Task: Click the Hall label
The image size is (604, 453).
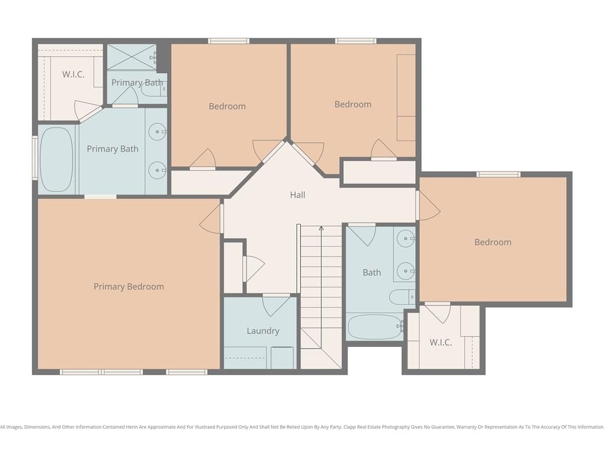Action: click(297, 195)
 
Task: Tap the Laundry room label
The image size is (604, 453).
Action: click(263, 331)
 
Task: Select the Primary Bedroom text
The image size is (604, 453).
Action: click(129, 287)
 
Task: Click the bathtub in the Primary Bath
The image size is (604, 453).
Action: click(57, 159)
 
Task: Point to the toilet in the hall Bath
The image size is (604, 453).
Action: click(402, 297)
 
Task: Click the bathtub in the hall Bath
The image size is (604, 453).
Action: click(375, 327)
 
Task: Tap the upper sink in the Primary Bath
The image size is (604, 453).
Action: click(157, 132)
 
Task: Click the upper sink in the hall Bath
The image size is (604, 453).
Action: click(406, 239)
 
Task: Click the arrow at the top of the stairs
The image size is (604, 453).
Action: click(321, 228)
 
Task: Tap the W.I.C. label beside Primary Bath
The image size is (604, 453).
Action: click(73, 74)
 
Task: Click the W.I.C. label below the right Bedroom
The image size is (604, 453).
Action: click(441, 342)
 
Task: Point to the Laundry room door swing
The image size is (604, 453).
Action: click(276, 307)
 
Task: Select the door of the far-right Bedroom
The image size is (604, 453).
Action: click(429, 206)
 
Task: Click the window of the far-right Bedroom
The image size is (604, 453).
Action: click(498, 175)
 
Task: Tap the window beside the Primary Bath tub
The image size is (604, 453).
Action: click(35, 159)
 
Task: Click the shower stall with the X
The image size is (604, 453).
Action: click(132, 57)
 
